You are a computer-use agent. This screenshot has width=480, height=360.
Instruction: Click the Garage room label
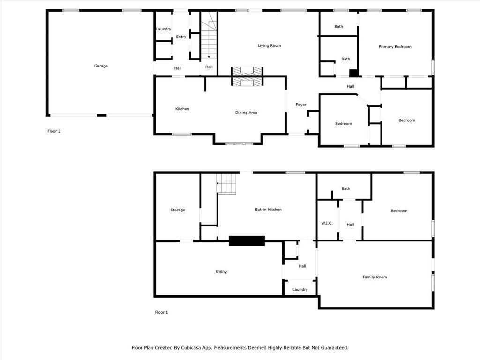pos(101,66)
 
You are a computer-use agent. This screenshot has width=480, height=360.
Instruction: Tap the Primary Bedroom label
pos(395,47)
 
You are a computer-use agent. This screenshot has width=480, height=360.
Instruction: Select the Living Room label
pos(269,45)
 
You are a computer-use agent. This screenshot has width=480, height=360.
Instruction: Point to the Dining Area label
pos(246,112)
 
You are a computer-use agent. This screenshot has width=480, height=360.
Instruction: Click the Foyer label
pos(301,105)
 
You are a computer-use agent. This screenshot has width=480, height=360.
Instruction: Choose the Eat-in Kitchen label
pos(268,210)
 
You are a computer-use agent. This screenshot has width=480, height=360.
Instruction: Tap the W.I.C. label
pos(327,223)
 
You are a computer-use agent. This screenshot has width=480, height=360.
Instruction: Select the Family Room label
pos(375,277)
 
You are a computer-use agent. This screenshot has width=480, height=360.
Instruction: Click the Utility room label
pos(221,272)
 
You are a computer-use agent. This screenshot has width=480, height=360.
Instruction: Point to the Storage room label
pos(178,210)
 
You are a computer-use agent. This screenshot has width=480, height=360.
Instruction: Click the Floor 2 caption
pos(54,131)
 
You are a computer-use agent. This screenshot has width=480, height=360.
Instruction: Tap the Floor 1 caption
pos(161,312)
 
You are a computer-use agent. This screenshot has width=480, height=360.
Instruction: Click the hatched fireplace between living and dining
pos(247,76)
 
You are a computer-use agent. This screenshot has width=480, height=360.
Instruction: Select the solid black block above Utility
pos(247,241)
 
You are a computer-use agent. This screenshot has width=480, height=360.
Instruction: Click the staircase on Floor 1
pos(226,184)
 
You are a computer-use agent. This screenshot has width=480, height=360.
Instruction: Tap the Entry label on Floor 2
pos(181,37)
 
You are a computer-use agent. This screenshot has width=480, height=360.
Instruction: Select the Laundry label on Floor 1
pos(300,290)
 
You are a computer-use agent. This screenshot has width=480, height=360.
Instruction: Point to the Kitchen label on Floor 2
pos(182,109)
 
